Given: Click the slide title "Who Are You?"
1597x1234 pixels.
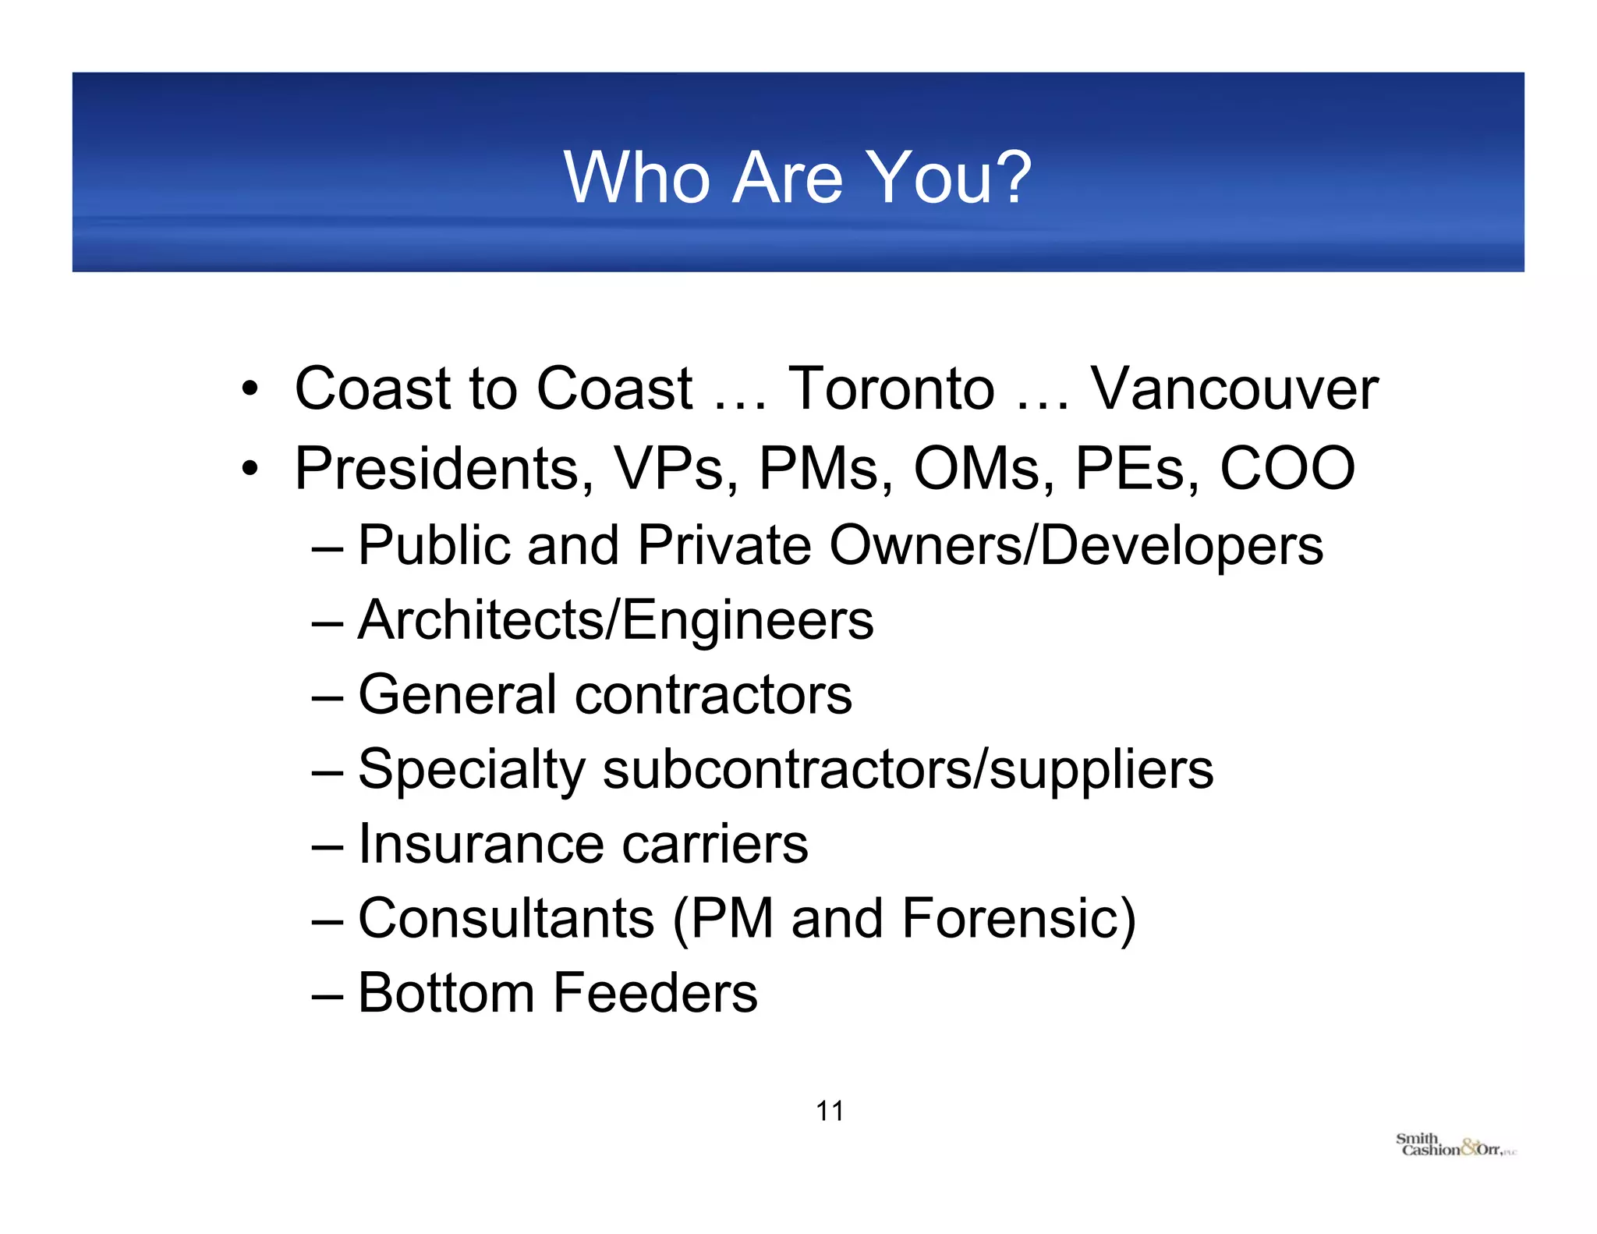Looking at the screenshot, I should tap(797, 178).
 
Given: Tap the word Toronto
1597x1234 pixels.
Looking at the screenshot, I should tap(891, 388).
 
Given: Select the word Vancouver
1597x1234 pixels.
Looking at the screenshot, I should tap(1234, 388).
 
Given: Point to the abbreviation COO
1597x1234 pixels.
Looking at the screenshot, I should tap(1287, 468).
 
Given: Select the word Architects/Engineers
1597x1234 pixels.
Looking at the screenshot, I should tap(616, 621).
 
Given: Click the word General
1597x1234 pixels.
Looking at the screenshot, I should tap(458, 694).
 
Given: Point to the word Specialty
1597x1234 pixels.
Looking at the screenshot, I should tap(472, 770).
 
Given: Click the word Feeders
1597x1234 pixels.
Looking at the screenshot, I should tap(655, 993).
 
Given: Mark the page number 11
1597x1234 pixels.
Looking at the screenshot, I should tap(829, 1111).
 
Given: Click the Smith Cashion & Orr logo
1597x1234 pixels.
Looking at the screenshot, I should tap(1455, 1145).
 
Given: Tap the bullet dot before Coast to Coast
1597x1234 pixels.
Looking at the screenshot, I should tap(250, 388).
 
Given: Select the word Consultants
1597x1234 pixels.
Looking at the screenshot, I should tap(506, 919).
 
